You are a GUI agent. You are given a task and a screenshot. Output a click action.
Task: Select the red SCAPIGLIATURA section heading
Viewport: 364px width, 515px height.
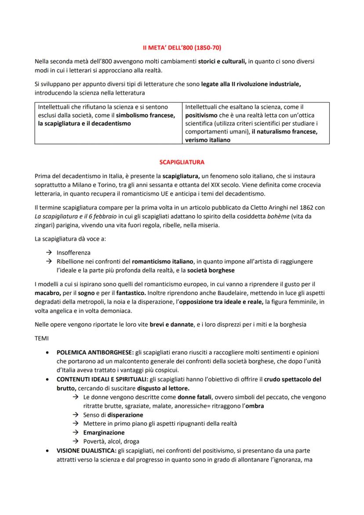(182, 162)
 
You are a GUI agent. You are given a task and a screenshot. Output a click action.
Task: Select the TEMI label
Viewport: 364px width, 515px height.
(42, 339)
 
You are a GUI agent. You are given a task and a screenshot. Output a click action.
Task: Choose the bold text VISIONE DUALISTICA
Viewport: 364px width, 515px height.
(84, 451)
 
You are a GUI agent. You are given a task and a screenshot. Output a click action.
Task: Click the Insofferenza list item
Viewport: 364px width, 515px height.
(73, 252)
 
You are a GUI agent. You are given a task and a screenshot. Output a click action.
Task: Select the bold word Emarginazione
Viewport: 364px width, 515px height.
(104, 432)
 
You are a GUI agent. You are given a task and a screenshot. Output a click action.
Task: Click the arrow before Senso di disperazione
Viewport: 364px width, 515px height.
(76, 415)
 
